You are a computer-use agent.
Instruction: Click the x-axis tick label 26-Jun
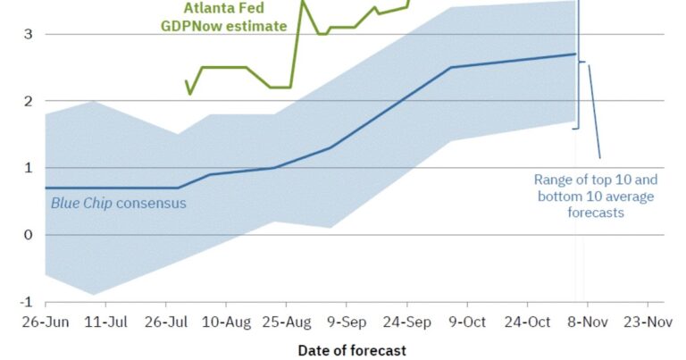click(45, 321)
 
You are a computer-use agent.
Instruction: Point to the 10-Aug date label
click(226, 321)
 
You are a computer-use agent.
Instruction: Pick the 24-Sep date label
click(407, 321)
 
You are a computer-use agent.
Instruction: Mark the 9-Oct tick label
click(468, 321)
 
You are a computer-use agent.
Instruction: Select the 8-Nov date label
click(588, 321)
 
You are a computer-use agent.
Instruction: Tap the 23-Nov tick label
click(648, 321)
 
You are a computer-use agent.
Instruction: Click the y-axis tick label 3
click(29, 34)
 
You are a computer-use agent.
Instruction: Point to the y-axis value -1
click(27, 302)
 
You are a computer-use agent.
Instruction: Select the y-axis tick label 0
click(29, 235)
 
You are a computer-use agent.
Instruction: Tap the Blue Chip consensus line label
click(118, 203)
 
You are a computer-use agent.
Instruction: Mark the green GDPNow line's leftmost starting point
click(186, 81)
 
